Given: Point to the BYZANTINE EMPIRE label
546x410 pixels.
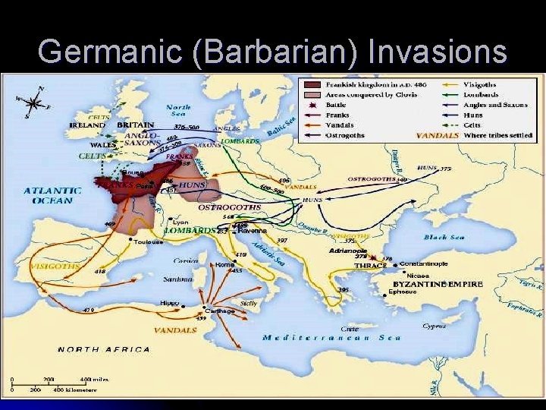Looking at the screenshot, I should coord(438,284).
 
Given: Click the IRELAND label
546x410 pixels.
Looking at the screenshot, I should coord(87,125).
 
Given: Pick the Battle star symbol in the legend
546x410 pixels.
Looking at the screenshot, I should coord(311,104).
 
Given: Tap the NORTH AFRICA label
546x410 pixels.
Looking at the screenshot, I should coord(95,349).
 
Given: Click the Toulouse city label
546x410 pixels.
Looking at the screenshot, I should coord(149,242).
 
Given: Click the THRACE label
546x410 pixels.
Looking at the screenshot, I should coord(370,265).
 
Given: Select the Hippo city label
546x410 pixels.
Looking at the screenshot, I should coord(169,303).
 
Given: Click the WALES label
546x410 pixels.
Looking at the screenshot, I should coord(102,144).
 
